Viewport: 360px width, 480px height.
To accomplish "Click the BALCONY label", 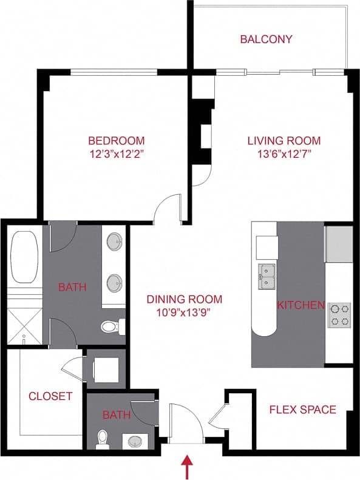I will pyautogui.click(x=266, y=39).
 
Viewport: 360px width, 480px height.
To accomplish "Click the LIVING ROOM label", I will pyautogui.click(x=284, y=140).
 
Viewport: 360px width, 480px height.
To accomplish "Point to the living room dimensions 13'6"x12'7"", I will pyautogui.click(x=284, y=154).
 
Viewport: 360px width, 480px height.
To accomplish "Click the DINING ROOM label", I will pyautogui.click(x=184, y=299).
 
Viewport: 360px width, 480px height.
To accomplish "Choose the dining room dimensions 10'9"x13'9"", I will pyautogui.click(x=184, y=313).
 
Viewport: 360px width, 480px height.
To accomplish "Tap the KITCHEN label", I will pyautogui.click(x=301, y=305).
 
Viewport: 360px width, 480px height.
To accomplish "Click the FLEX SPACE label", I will pyautogui.click(x=302, y=409).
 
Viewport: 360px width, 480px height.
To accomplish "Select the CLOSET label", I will pyautogui.click(x=50, y=396).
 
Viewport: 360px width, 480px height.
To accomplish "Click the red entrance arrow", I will pyautogui.click(x=187, y=467).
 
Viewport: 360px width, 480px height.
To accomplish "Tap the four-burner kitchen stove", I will pyautogui.click(x=339, y=315).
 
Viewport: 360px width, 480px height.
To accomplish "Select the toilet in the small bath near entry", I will pyautogui.click(x=103, y=438).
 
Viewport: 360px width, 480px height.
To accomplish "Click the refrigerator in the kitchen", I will pyautogui.click(x=338, y=245).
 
